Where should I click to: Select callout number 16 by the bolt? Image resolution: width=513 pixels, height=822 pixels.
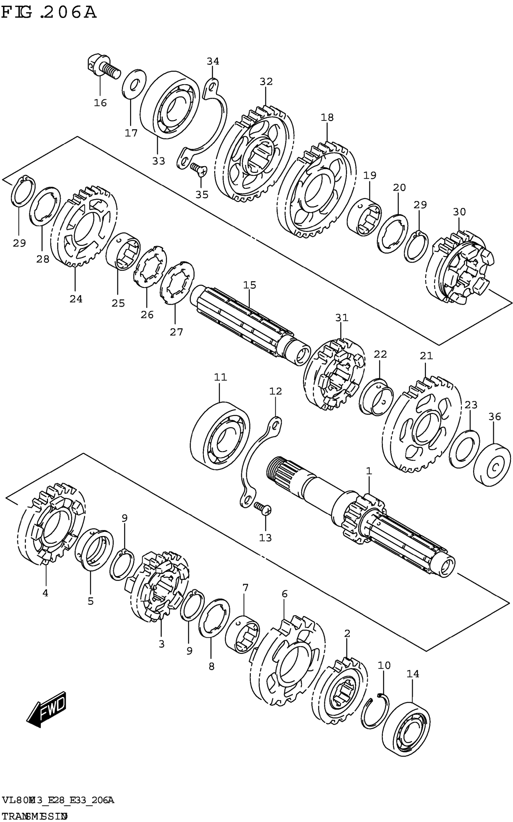click(100, 103)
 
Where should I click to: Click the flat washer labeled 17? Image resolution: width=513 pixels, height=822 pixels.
click(133, 85)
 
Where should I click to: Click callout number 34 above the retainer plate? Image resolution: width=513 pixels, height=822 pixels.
click(213, 62)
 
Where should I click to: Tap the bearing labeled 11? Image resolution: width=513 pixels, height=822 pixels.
click(220, 436)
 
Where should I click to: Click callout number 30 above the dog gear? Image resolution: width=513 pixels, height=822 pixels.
click(459, 212)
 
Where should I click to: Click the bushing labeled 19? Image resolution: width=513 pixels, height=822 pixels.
click(364, 217)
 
